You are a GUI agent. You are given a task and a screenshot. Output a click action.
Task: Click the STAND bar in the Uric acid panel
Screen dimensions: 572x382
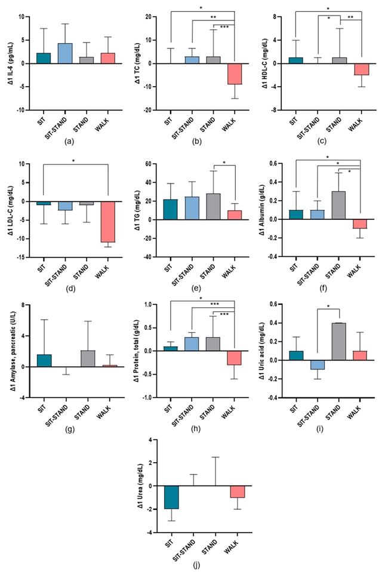click(338, 341)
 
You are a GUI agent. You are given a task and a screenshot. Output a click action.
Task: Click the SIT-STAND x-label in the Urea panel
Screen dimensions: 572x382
click(193, 543)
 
